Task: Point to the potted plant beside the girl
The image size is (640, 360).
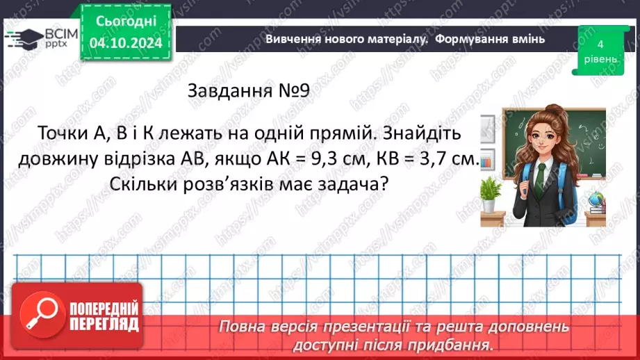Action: tap(491, 193)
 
